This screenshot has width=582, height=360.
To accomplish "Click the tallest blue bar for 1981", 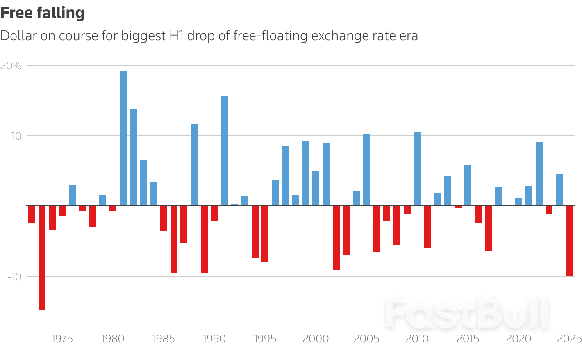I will (123, 138).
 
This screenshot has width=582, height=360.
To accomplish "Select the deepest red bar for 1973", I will (42, 257).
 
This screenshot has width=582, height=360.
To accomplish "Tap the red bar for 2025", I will (569, 241).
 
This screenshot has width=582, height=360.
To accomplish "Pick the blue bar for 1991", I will (224, 150).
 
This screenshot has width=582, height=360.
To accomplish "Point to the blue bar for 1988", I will (194, 164).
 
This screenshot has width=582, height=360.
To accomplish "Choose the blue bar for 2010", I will (417, 169).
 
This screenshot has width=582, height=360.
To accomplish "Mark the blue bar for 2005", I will (366, 170).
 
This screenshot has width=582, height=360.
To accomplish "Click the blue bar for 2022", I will (539, 173).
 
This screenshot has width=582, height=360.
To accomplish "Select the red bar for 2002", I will (336, 238).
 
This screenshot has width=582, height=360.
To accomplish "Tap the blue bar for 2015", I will (468, 185).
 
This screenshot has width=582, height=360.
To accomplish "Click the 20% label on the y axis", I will (11, 66).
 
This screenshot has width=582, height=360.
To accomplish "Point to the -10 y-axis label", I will (14, 277).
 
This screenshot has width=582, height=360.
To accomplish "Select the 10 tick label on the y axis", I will (16, 136).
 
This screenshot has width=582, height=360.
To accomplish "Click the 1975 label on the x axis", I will (62, 339).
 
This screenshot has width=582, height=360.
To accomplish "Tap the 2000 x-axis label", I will (316, 339).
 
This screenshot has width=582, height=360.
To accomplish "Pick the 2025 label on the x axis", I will (569, 339).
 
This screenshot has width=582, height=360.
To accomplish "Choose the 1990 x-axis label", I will (214, 339).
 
